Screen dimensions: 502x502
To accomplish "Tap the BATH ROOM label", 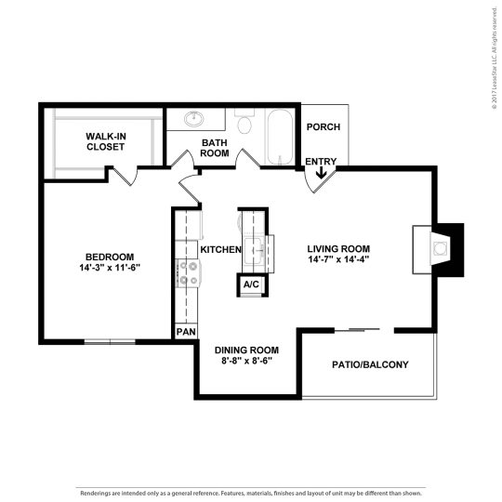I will [216, 148].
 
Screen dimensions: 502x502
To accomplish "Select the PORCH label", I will [323, 127].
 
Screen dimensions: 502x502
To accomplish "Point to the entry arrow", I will [321, 172].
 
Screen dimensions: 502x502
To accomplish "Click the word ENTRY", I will [321, 162].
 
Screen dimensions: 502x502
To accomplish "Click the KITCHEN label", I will [221, 250].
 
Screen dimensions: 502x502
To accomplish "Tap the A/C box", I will [251, 284].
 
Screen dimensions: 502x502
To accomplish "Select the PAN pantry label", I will [185, 331].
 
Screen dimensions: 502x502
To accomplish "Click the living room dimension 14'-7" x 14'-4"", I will [339, 260].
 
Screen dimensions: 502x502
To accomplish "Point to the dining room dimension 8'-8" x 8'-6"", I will [246, 361].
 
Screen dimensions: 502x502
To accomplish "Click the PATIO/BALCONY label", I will [370, 364].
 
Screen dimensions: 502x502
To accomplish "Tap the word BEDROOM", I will [110, 257].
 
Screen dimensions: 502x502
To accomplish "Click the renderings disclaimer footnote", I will [251, 493].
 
